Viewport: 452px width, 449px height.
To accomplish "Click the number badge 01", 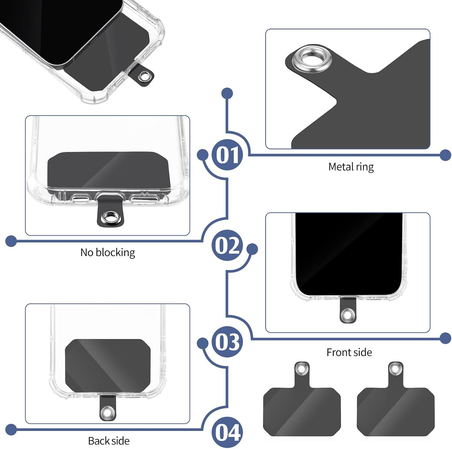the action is (227, 155).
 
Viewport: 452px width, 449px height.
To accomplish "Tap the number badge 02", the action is (227, 245).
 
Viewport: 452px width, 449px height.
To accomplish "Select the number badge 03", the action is (227, 342).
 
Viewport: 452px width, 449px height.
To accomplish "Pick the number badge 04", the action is (227, 432).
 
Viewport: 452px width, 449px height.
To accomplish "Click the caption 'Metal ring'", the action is (351, 167).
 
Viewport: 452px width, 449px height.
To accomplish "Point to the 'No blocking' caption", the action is (108, 252).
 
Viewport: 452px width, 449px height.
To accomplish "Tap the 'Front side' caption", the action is (349, 352).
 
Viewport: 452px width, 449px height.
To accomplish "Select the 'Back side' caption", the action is (109, 441).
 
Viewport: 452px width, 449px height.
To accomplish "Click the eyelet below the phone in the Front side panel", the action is (348, 314).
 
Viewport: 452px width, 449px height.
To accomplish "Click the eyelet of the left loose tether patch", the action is (302, 368).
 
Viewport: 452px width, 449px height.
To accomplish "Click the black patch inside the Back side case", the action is (108, 366).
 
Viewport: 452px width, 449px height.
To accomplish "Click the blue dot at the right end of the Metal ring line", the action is (445, 155).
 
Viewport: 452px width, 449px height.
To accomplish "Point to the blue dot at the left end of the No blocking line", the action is (11, 241).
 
